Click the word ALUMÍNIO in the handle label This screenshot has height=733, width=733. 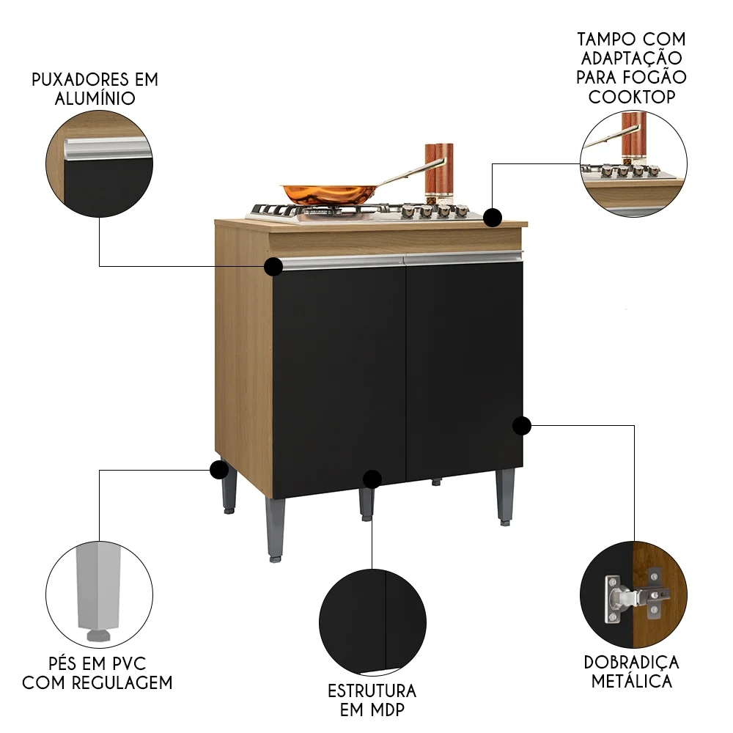pyautogui.click(x=95, y=99)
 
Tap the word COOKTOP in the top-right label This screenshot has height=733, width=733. pyautogui.click(x=631, y=97)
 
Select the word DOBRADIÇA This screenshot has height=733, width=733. pyautogui.click(x=631, y=662)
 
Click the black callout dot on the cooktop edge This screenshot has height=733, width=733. pyautogui.click(x=493, y=217)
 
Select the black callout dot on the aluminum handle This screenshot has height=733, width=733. pyautogui.click(x=273, y=266)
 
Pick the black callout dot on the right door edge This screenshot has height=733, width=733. pyautogui.click(x=521, y=425)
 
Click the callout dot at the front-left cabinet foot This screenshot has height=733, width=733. pyautogui.click(x=218, y=470)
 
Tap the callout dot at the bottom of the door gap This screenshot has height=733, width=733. pyautogui.click(x=372, y=479)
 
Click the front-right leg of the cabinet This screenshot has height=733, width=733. pyautogui.click(x=504, y=495)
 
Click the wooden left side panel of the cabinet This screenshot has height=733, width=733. pyautogui.click(x=242, y=352)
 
